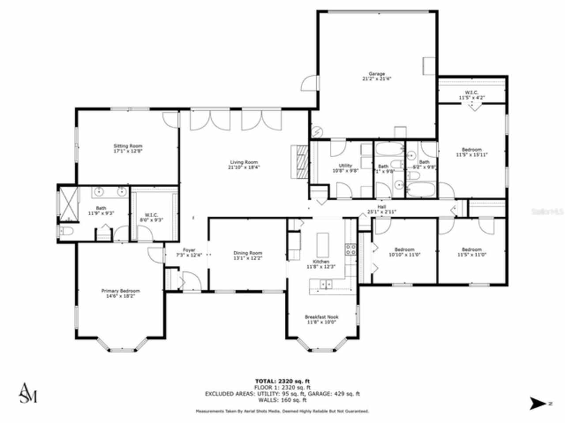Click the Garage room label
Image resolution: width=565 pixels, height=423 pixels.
(377, 74)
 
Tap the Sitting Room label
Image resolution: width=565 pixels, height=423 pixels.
(128, 146)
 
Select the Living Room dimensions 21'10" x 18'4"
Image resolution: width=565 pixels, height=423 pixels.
(243, 167)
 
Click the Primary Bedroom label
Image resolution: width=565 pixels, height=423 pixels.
(121, 291)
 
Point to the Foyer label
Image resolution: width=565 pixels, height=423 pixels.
(189, 250)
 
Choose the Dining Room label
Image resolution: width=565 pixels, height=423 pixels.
(248, 253)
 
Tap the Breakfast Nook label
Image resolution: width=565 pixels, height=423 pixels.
(322, 317)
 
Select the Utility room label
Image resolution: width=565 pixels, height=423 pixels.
(345, 166)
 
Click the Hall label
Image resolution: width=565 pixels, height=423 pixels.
(381, 207)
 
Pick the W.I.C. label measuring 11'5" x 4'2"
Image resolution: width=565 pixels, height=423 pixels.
(471, 92)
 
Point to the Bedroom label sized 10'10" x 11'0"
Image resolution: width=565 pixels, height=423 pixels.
(404, 249)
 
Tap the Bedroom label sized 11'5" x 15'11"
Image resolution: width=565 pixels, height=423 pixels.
(471, 150)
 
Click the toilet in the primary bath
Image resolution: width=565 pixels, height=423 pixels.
(66, 231)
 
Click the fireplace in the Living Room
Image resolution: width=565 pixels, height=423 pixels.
(299, 161)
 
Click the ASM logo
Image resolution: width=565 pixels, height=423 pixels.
(28, 393)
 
